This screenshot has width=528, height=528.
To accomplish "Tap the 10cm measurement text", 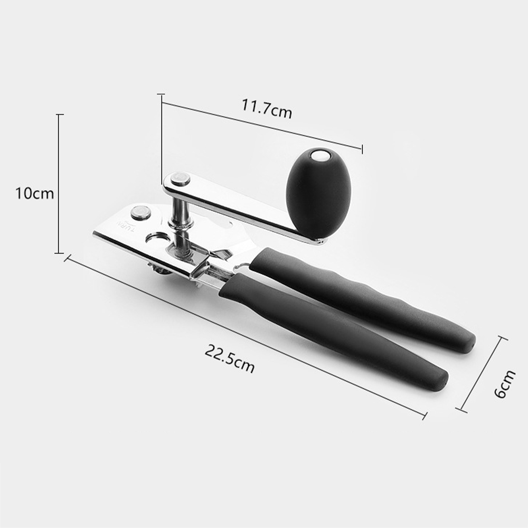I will click(34, 193).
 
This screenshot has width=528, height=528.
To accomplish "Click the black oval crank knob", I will click(318, 193).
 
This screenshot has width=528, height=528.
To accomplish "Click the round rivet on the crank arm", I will click(181, 180).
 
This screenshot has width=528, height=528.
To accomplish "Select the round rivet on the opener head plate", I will click(140, 213).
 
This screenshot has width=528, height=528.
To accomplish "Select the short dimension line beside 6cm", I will click(482, 374).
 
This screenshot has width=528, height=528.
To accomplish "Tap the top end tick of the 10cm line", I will click(60, 115).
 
